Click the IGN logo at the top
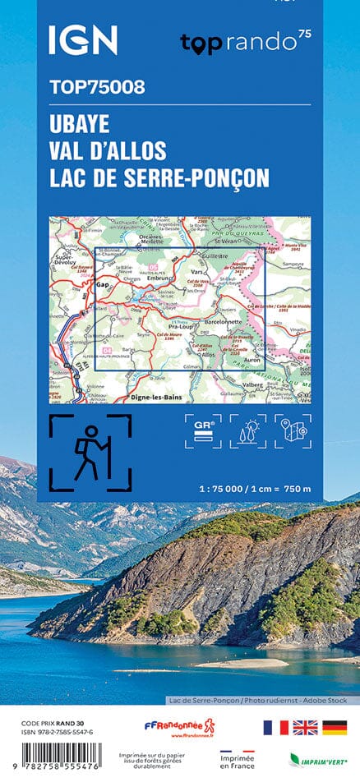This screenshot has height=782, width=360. tap(82, 40)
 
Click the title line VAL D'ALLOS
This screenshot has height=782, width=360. tap(108, 151)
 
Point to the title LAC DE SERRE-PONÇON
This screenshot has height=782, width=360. tap(159, 177)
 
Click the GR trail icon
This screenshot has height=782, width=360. tap(202, 432)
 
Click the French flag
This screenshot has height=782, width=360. tap(275, 727)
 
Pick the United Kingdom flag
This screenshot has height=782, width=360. tap(303, 727)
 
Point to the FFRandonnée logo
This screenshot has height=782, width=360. tap(179, 726)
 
